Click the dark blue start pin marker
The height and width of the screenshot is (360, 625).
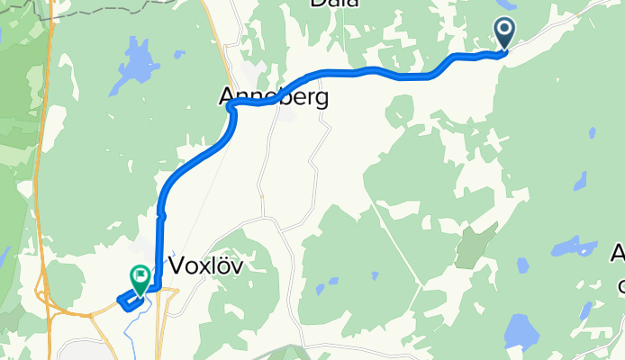click(x=504, y=34)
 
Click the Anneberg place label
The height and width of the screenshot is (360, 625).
click(x=273, y=96)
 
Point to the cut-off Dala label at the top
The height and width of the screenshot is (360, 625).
click(x=334, y=4)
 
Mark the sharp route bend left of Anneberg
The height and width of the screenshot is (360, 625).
click(x=231, y=108)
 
